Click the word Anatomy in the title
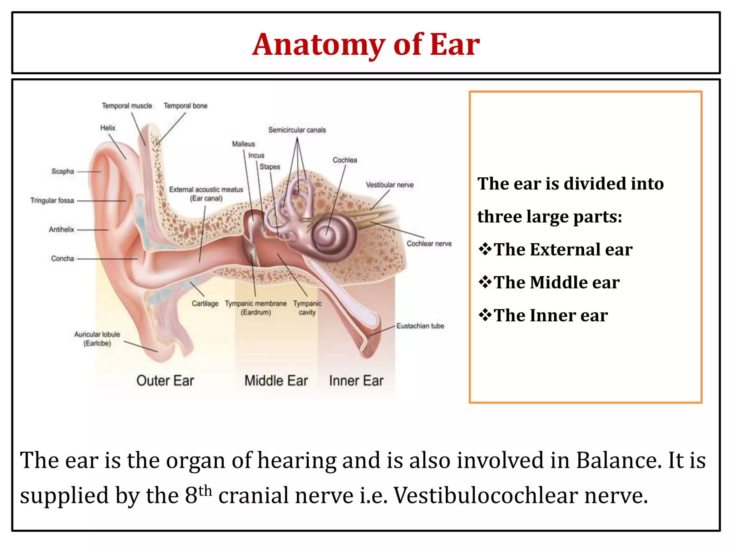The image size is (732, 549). click(x=318, y=45)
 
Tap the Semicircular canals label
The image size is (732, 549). click(x=297, y=130)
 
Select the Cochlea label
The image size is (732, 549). click(x=345, y=160)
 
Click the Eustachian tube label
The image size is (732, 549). click(x=420, y=326)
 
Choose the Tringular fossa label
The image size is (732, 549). click(x=52, y=201)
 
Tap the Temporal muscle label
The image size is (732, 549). click(x=127, y=106)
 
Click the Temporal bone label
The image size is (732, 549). click(x=186, y=106)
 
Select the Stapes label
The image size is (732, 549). click(x=270, y=167)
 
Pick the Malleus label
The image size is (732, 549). click(x=243, y=144)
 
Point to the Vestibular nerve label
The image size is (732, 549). click(x=390, y=185)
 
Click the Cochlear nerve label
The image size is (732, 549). click(x=429, y=244)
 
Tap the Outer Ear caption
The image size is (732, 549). click(x=165, y=381)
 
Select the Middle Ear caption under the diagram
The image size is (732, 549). click(x=276, y=381)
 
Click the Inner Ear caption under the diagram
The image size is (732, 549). click(x=356, y=381)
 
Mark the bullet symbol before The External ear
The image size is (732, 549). click(x=485, y=249)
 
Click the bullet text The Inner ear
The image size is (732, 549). click(x=550, y=316)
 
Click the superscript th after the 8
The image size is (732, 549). click(x=206, y=491)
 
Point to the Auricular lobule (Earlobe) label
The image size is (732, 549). click(x=97, y=339)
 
